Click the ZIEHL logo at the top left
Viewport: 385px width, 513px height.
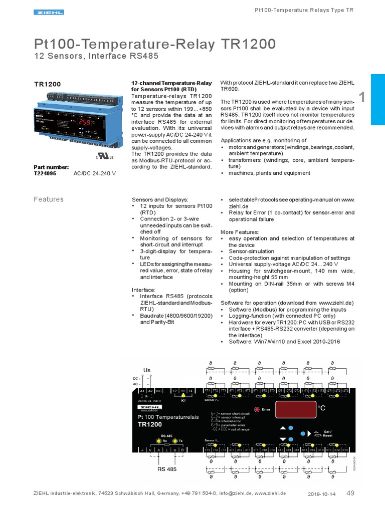[49, 12]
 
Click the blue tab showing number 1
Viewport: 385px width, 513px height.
[377, 99]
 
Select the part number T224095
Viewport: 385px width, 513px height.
[45, 173]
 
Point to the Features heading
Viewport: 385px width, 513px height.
[49, 199]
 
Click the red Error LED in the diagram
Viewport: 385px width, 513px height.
[257, 409]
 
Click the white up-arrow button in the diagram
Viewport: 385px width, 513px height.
[283, 428]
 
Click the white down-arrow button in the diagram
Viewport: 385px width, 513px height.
[283, 439]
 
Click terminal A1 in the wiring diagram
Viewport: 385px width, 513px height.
[142, 390]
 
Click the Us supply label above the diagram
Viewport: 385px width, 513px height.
[147, 370]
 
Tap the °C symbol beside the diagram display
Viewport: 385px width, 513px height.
[322, 409]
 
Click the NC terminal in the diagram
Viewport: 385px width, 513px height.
[158, 390]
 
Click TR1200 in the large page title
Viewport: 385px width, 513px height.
[248, 44]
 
